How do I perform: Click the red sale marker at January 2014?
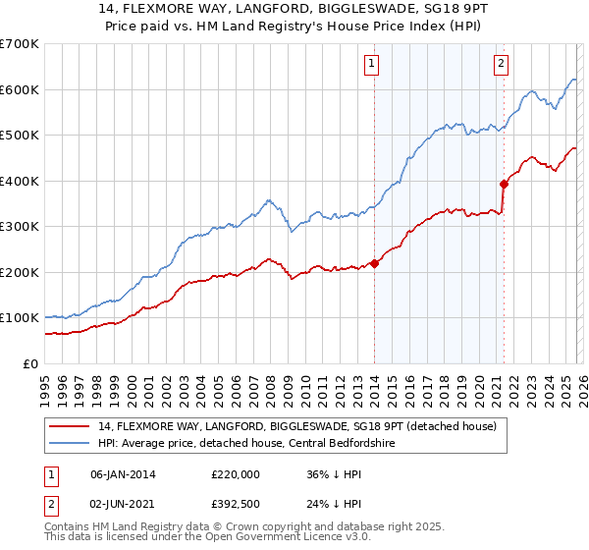(x=374, y=262)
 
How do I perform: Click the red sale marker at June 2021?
(x=504, y=183)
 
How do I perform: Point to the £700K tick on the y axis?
(x=20, y=44)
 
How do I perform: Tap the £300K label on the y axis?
(x=20, y=227)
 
